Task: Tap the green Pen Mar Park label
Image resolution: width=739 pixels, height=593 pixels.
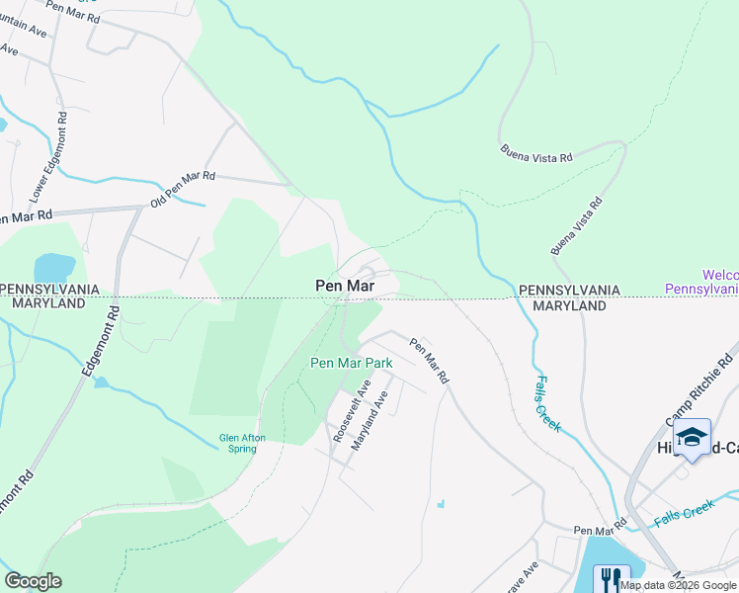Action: [x=352, y=363]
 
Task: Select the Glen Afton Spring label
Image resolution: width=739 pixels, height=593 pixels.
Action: [x=238, y=443]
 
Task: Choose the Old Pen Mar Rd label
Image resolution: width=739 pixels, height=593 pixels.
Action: [x=182, y=189]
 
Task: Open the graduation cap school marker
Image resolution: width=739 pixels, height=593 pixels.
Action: [x=692, y=436]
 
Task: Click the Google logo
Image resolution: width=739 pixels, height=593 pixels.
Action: [x=33, y=581]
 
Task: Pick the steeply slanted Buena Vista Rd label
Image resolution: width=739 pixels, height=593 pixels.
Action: [x=577, y=226]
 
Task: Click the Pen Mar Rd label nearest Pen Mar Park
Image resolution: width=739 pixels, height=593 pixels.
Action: [x=430, y=362]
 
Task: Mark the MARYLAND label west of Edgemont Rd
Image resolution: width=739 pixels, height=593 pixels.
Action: [x=48, y=303]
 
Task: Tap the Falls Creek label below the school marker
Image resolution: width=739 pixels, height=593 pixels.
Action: [x=685, y=515]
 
